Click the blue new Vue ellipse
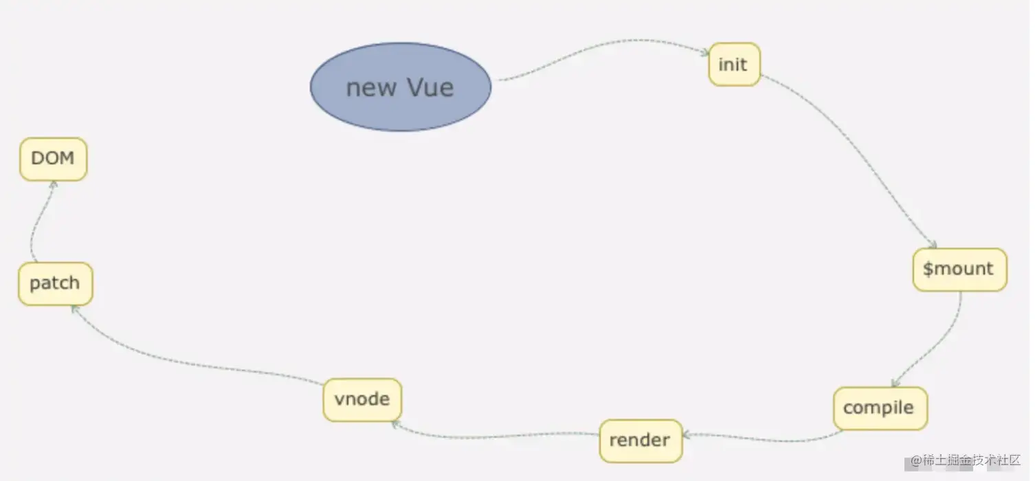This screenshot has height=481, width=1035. pos(401,87)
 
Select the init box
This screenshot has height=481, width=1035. pos(734,65)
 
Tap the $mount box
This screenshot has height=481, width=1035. pos(959,269)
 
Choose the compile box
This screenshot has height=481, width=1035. pos(880,408)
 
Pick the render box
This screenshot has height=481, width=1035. pos(640,440)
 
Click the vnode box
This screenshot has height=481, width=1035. pos(362,399)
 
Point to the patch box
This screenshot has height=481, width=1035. pos(55,283)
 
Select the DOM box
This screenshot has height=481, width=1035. pos(53,159)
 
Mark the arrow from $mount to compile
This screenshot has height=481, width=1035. pos(942,344)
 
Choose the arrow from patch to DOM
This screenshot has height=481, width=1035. pos(34,220)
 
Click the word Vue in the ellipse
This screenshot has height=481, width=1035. pos(430,87)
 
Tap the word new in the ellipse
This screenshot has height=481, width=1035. pos(371,89)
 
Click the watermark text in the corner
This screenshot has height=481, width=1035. pos(965,461)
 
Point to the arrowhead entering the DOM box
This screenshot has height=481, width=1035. pos(52,185)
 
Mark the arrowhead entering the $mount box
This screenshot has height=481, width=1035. pos(933,245)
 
